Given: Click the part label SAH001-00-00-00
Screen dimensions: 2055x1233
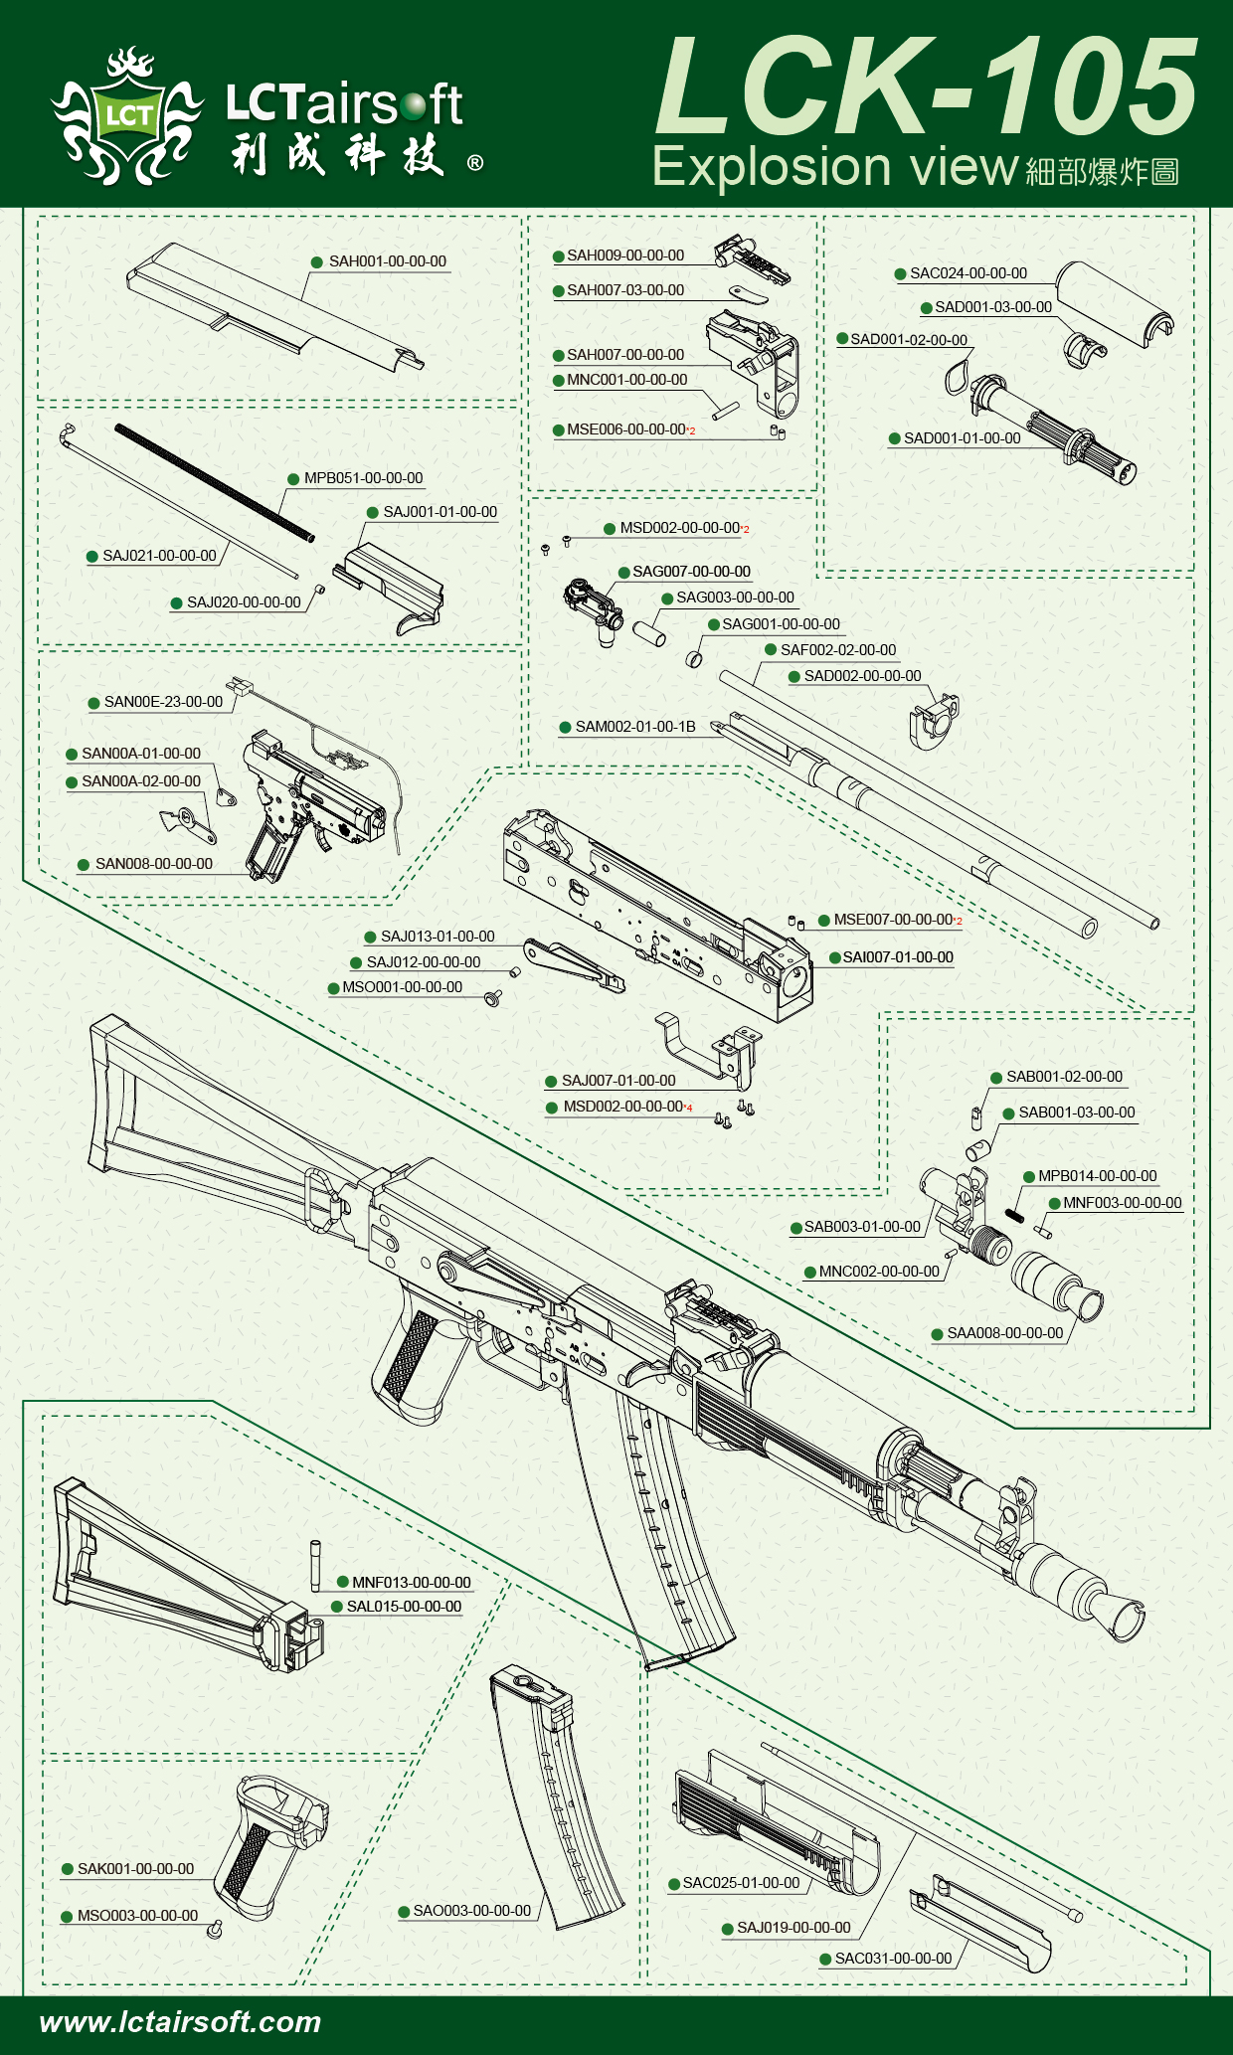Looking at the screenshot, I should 387,261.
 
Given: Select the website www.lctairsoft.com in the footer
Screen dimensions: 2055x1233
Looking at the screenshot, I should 180,2021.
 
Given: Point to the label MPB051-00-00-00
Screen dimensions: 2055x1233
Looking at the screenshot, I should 363,478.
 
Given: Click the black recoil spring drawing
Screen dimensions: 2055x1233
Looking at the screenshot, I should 214,483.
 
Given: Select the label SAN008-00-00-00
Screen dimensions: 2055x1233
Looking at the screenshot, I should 153,864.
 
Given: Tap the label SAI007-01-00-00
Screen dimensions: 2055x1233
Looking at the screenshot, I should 898,957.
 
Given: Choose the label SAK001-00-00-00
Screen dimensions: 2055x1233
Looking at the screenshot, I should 135,1869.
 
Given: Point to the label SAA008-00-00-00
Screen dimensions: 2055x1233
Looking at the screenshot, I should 1004,1333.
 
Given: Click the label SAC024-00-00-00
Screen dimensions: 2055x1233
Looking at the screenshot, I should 969,273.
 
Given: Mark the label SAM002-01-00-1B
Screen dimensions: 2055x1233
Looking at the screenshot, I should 634,727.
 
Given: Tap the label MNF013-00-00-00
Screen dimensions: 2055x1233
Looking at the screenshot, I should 411,1583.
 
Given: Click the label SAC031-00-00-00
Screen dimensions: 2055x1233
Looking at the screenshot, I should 893,1959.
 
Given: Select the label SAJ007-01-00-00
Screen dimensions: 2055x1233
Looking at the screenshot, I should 618,1081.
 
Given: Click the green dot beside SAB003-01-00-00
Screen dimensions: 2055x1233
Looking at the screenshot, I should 796,1228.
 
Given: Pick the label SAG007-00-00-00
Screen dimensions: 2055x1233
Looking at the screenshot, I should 691,572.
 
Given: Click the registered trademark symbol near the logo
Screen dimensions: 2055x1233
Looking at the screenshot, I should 475,163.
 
